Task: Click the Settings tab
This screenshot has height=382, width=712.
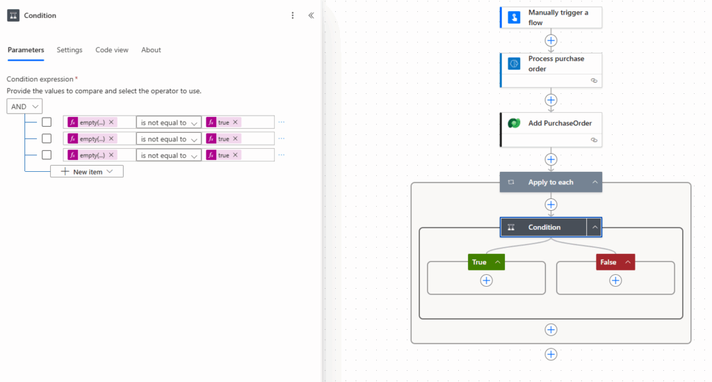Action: pyautogui.click(x=70, y=50)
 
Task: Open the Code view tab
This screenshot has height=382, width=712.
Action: pyautogui.click(x=112, y=50)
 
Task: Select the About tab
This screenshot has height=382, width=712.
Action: pyautogui.click(x=151, y=50)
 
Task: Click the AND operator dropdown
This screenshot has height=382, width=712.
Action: pyautogui.click(x=25, y=106)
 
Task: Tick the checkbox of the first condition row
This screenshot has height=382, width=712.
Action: pyautogui.click(x=47, y=122)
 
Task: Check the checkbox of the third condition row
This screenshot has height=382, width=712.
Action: pyautogui.click(x=47, y=155)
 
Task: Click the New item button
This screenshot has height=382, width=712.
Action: pyautogui.click(x=87, y=171)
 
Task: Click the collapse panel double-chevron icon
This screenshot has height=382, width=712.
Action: pyautogui.click(x=311, y=15)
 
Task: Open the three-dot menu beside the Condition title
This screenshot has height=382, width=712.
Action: pyautogui.click(x=293, y=15)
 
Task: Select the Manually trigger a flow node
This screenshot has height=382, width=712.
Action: pyautogui.click(x=551, y=17)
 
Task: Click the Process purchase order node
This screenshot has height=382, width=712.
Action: pyautogui.click(x=551, y=64)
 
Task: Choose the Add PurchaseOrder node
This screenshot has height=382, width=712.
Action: pyautogui.click(x=551, y=123)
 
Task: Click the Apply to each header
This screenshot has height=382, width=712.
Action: pyautogui.click(x=551, y=182)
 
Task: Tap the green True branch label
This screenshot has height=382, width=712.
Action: pyautogui.click(x=480, y=262)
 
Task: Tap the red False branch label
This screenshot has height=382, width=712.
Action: pyautogui.click(x=608, y=262)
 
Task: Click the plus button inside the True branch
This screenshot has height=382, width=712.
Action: pyautogui.click(x=487, y=280)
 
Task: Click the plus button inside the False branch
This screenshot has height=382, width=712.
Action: pyautogui.click(x=615, y=280)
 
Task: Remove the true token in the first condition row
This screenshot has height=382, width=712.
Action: pyautogui.click(x=235, y=122)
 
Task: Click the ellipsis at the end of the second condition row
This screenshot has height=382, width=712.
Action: pyautogui.click(x=282, y=138)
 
